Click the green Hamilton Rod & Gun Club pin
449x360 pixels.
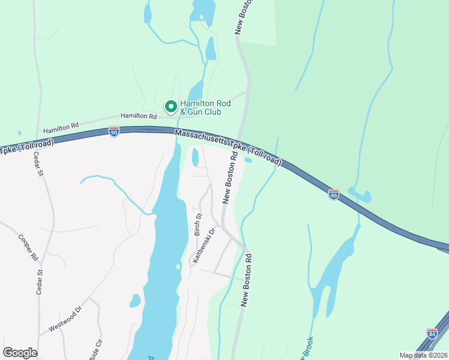point(170,107)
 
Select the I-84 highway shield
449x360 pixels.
point(432,333)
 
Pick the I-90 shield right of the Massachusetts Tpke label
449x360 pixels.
point(334,194)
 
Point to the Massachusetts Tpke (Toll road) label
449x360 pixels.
point(228,146)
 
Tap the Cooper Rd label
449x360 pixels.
point(28,247)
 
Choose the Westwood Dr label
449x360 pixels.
point(65,320)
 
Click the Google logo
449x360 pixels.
point(20,353)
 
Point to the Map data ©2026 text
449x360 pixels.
point(424,355)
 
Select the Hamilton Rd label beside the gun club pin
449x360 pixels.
point(138,115)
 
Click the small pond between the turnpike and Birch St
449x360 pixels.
point(195,158)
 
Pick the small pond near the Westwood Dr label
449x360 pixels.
point(135,301)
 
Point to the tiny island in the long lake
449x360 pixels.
point(178,266)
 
